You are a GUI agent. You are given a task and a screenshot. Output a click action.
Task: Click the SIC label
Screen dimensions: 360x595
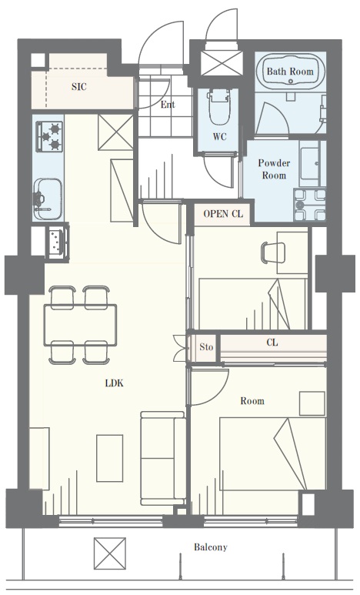(79, 87)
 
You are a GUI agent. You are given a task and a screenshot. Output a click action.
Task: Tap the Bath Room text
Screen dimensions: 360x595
(290, 72)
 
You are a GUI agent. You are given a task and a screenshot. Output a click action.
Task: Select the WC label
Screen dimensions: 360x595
(220, 136)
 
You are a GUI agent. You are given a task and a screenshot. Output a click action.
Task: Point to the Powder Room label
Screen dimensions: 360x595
(274, 169)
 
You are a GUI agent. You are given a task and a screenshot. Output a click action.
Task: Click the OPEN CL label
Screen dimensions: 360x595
(222, 214)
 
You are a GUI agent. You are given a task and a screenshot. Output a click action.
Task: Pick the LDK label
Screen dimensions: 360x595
(114, 383)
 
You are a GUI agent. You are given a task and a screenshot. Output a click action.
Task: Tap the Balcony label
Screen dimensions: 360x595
(211, 547)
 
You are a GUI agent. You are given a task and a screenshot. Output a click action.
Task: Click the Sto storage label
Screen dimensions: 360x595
(206, 347)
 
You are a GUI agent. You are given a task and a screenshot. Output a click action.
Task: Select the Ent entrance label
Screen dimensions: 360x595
(167, 105)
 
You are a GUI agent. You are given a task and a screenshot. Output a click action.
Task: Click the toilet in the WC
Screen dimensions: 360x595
(219, 108)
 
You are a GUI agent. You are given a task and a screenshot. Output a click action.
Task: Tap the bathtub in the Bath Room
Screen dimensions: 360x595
(290, 71)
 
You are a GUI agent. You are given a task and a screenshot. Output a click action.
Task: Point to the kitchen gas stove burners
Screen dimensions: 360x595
(49, 135)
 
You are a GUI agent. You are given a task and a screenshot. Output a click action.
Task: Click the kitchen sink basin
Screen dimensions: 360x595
(48, 199)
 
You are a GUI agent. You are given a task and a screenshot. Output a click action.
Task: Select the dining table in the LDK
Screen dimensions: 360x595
(81, 325)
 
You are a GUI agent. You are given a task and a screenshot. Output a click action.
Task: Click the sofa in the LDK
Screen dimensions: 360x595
(163, 458)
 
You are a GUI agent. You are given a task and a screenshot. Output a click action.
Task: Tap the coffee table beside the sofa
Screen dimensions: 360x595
(110, 458)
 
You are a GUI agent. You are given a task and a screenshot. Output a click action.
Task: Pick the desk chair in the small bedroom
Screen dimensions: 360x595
(273, 252)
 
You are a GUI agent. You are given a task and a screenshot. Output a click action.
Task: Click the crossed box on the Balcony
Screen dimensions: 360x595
(110, 553)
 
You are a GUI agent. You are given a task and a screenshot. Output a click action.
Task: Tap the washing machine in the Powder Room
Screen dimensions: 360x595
(310, 205)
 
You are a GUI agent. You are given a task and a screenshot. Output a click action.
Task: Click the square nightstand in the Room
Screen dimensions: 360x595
(312, 403)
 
